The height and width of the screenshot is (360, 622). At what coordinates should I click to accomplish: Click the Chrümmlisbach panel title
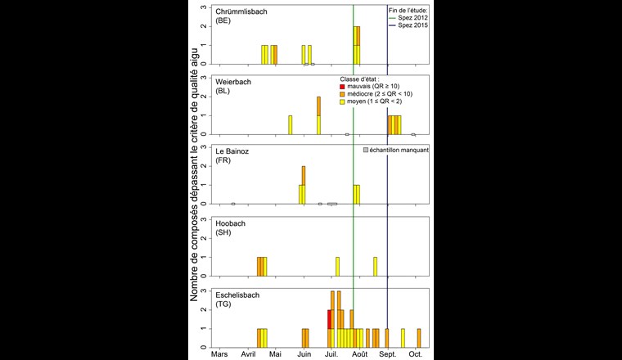click(x=243, y=12)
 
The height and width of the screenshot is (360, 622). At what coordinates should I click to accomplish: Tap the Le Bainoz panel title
click(x=234, y=151)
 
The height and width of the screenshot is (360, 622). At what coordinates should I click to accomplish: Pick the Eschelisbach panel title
click(x=241, y=292)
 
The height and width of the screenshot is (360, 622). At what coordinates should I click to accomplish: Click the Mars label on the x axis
click(x=220, y=354)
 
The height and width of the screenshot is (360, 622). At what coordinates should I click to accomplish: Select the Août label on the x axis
click(x=359, y=354)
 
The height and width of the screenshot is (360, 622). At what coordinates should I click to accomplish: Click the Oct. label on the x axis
click(x=415, y=354)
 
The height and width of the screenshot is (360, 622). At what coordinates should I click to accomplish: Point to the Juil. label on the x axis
click(x=332, y=354)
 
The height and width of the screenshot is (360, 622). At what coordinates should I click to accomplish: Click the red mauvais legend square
click(x=343, y=87)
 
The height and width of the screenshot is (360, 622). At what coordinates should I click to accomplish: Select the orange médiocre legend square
click(x=343, y=95)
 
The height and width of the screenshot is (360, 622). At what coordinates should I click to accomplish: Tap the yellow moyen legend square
click(x=343, y=103)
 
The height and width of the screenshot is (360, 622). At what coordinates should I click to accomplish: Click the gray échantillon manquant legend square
click(x=365, y=150)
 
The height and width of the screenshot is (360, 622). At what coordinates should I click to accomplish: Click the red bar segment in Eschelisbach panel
click(x=329, y=319)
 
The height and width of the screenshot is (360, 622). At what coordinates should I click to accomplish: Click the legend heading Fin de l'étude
click(x=408, y=9)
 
